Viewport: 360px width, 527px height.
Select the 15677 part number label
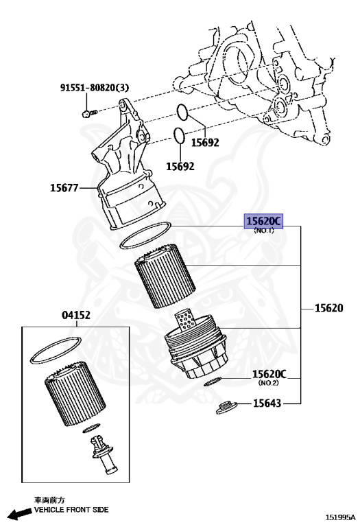(x=64, y=186)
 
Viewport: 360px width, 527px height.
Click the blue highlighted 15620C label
(x=264, y=221)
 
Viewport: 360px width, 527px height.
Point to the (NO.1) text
(x=264, y=231)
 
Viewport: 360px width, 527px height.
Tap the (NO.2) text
(x=268, y=382)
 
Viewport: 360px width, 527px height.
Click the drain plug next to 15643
(x=223, y=408)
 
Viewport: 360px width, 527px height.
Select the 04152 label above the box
(x=77, y=315)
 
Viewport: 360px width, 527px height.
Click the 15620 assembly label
(x=328, y=308)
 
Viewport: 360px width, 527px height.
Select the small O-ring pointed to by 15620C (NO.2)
(x=212, y=383)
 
